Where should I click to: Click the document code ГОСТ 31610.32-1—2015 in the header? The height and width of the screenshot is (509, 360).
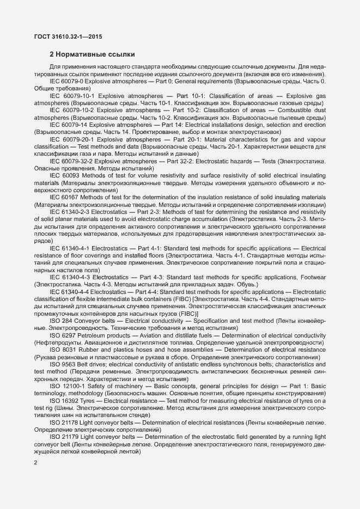pos(68,37)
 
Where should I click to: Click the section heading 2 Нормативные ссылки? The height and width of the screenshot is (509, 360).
pos(92,54)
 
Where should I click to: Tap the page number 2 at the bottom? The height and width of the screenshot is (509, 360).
pos(35,463)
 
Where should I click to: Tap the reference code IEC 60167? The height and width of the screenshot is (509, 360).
pos(62,197)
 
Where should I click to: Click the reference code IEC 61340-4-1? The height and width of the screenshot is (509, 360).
pos(70,248)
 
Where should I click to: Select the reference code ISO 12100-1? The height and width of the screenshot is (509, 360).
pos(66,386)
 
